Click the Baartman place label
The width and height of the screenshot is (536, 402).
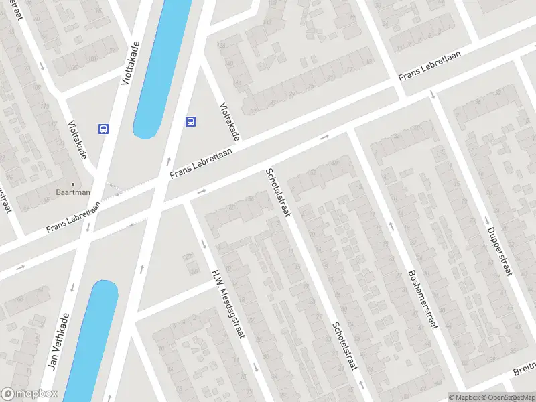73,192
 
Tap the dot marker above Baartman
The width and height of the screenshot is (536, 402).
73,183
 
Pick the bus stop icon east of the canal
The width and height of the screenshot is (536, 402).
191,121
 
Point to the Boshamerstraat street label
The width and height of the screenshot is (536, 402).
421,299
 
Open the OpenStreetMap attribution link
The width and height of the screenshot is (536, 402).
507,397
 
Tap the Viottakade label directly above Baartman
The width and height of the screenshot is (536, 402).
78,139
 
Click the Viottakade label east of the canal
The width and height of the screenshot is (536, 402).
229,121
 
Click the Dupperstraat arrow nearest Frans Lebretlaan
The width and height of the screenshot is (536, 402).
433,93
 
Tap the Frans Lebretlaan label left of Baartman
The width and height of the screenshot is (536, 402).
74,218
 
